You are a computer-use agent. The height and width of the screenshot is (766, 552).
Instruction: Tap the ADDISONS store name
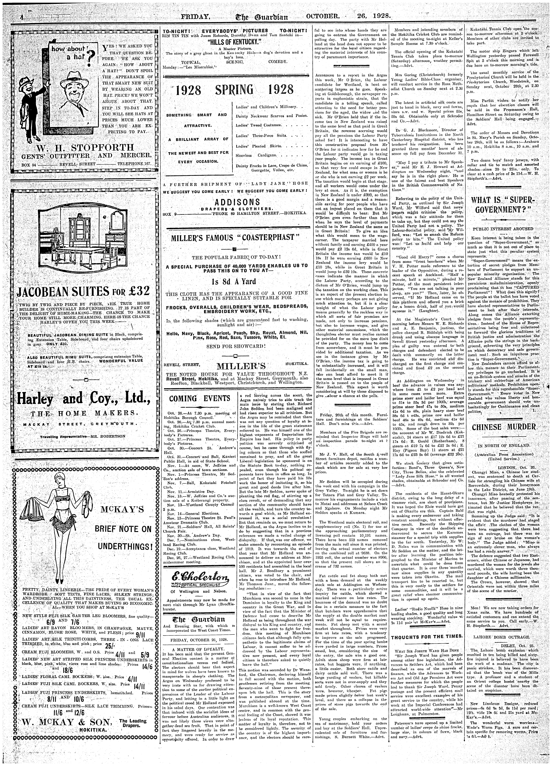click(x=235, y=202)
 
